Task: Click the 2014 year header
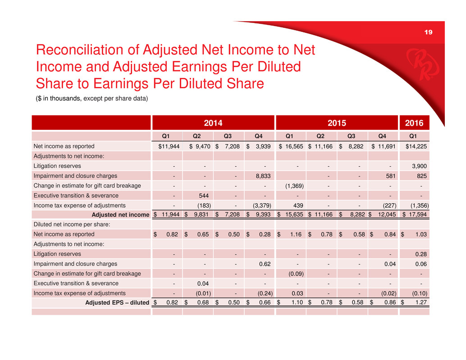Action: [213, 123]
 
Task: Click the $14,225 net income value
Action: [416, 146]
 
